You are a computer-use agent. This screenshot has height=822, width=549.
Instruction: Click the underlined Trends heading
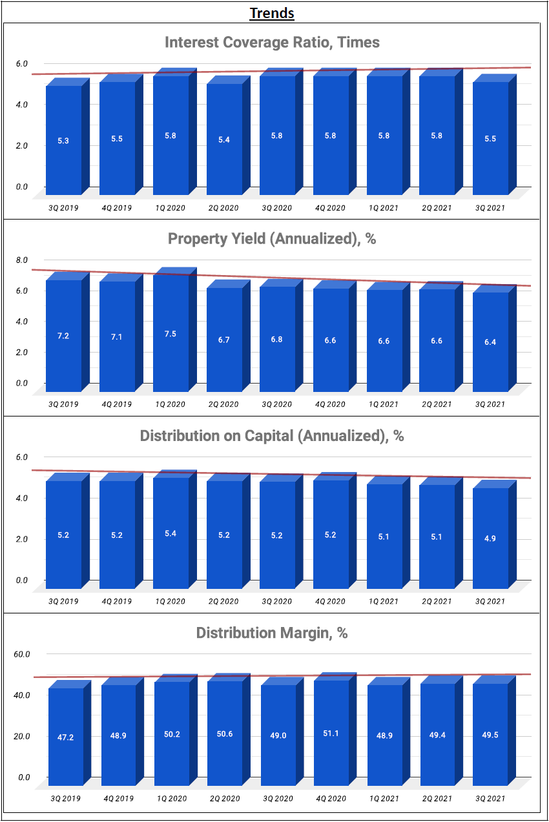tap(272, 13)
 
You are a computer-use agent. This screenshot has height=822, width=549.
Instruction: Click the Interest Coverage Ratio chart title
tap(272, 43)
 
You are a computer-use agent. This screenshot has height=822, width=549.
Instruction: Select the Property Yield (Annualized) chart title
tap(272, 239)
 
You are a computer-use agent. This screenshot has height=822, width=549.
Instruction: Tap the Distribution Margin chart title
tap(272, 633)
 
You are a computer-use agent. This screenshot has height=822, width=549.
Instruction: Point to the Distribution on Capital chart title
tap(272, 436)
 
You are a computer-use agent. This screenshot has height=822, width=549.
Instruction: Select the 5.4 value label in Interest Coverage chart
tap(224, 140)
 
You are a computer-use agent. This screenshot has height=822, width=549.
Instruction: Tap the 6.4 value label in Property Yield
tap(490, 342)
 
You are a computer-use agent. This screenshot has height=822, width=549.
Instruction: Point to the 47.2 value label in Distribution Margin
tap(65, 737)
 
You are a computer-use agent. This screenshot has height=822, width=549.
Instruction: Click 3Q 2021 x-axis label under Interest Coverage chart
tap(490, 208)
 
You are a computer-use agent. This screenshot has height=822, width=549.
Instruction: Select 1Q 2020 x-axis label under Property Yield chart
tap(171, 404)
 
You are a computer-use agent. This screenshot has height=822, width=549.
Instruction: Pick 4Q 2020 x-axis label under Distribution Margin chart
tap(331, 799)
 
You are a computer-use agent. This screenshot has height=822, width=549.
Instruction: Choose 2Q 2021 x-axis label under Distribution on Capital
tap(437, 601)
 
